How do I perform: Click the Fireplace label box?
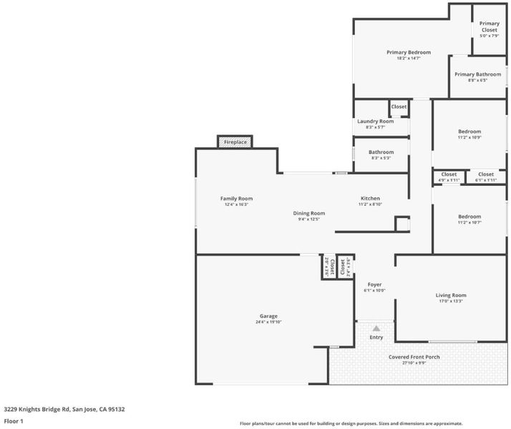[235, 142]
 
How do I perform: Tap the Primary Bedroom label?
[409, 52]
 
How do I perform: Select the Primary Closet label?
[490, 26]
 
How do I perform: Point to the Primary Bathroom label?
[477, 74]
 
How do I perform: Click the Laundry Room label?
[376, 122]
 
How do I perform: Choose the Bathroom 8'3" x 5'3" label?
[381, 152]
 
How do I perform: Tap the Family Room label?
[236, 199]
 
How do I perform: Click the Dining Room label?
[309, 213]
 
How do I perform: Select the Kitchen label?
[370, 198]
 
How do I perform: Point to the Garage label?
[268, 316]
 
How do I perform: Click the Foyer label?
[374, 285]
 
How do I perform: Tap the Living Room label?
[451, 295]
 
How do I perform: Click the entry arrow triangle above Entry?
[376, 328]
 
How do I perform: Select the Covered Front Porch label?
[414, 357]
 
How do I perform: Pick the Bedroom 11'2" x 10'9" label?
[469, 132]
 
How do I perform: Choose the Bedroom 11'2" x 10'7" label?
[469, 217]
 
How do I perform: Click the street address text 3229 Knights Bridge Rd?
[36, 409]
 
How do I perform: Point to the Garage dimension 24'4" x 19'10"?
[268, 322]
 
